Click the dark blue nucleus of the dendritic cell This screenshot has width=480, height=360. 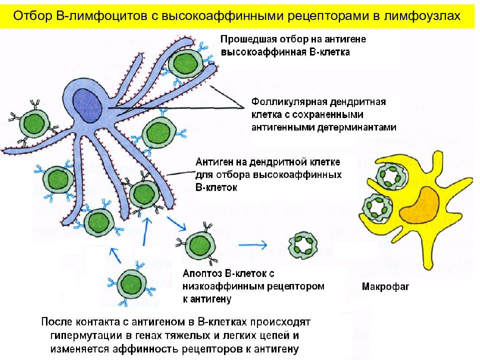(87, 105)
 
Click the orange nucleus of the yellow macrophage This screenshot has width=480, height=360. (420, 205)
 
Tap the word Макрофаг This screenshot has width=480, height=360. (385, 286)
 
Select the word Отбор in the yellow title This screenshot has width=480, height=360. (33, 15)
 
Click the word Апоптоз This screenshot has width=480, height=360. (202, 273)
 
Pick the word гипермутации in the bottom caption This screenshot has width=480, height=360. (86, 336)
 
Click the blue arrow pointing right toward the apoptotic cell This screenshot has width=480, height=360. (252, 244)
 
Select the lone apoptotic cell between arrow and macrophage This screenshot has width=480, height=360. (303, 245)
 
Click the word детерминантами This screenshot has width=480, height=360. (356, 127)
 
